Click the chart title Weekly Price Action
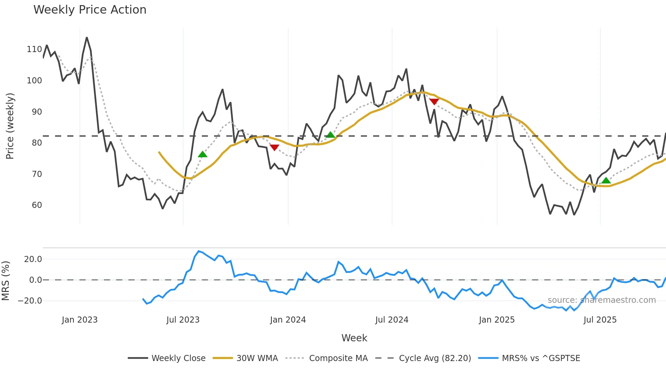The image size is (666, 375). (x=90, y=10)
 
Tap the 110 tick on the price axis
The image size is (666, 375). (x=34, y=49)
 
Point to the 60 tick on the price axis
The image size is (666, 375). (x=37, y=205)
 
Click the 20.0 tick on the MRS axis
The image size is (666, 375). (x=33, y=259)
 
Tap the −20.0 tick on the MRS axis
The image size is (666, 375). (x=30, y=301)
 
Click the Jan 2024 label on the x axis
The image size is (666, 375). (x=288, y=320)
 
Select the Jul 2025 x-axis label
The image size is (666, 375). (x=600, y=320)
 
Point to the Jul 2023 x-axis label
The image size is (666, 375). (x=183, y=320)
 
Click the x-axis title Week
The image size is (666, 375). (x=354, y=338)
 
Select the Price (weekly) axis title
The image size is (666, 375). (x=10, y=126)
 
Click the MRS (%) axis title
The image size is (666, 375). (x=5, y=281)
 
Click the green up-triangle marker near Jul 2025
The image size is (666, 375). (x=606, y=180)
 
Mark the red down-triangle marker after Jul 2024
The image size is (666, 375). (x=434, y=101)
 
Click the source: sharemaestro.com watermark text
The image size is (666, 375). (x=601, y=300)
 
